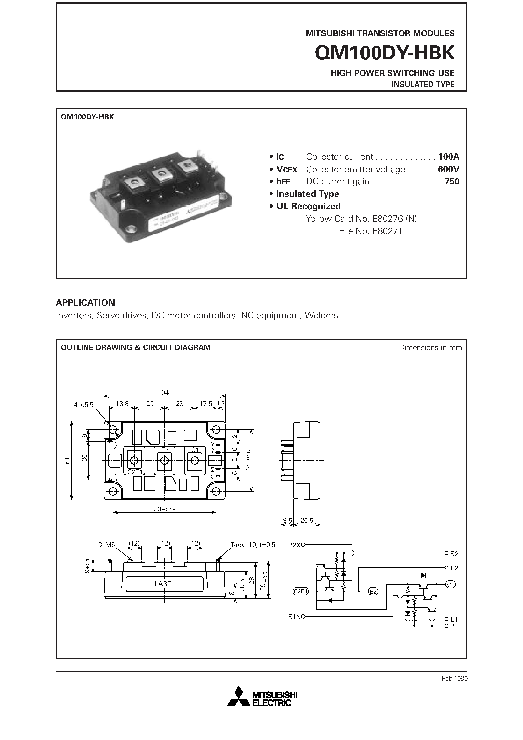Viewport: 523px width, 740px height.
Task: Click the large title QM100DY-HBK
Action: coord(384,53)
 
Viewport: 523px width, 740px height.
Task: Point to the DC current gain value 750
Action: coord(452,181)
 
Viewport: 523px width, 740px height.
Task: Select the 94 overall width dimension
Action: coord(165,393)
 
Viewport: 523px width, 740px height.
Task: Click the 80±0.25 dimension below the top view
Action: coord(165,509)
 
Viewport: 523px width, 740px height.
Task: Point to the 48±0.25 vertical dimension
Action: coord(248,461)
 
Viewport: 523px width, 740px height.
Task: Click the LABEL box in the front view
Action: coord(165,584)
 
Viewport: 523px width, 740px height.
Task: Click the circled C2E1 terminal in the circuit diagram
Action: coord(300,591)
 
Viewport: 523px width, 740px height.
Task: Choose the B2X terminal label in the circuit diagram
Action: coord(294,545)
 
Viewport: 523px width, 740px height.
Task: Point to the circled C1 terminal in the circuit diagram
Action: coord(450,584)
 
